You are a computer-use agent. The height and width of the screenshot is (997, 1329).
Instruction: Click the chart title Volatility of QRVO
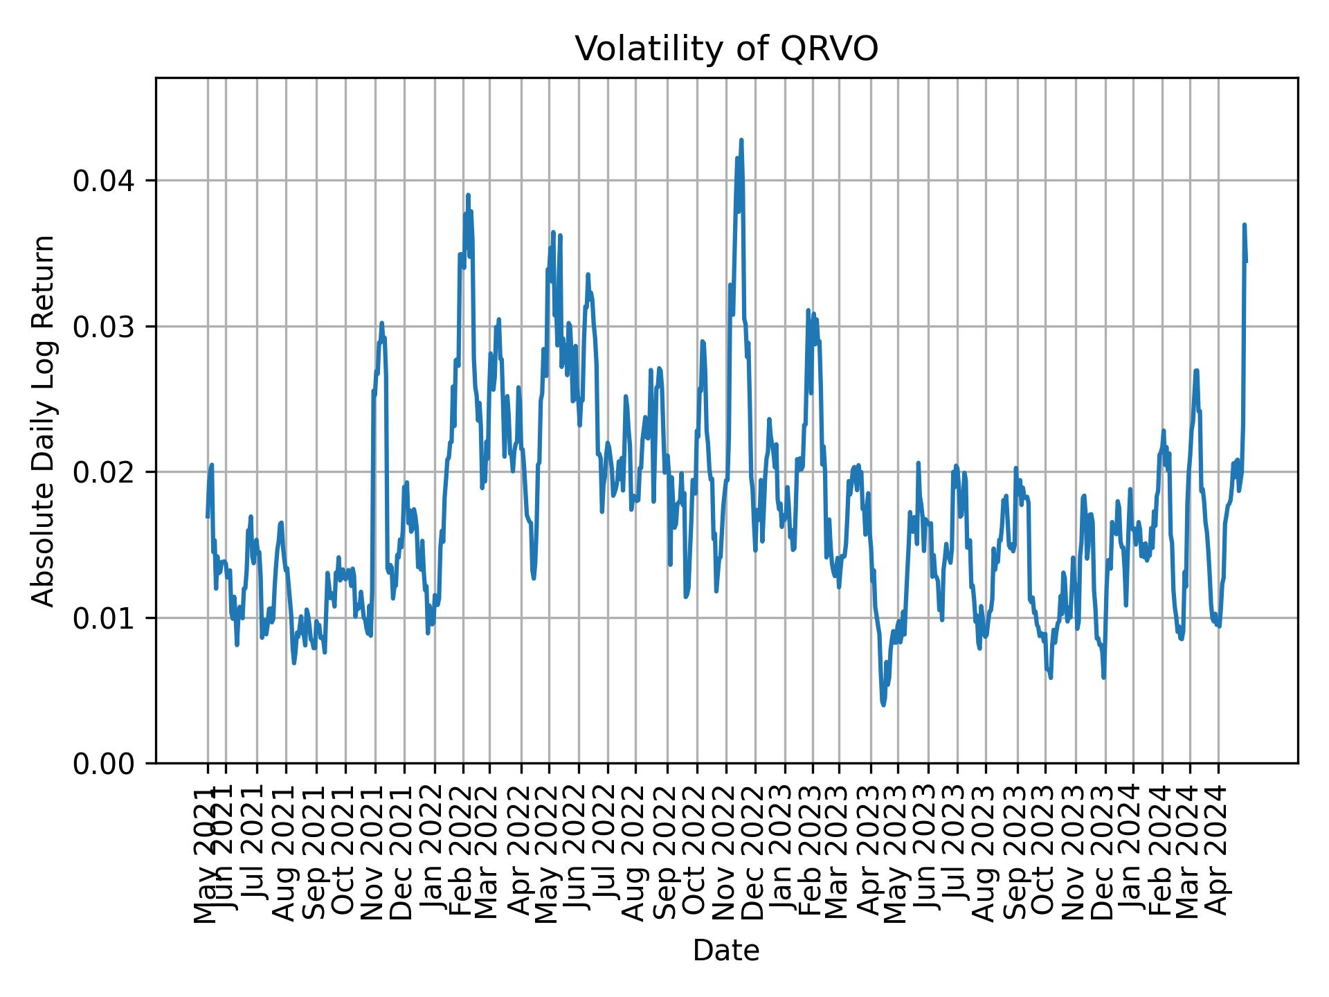(x=726, y=49)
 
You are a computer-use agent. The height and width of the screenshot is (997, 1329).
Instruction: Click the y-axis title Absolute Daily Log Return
(x=44, y=420)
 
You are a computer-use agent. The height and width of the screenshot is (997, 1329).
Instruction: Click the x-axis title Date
(x=726, y=951)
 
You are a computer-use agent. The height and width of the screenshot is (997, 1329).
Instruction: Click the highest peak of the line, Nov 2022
(x=741, y=140)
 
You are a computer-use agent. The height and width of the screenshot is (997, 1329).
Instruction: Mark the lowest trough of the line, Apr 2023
(x=883, y=705)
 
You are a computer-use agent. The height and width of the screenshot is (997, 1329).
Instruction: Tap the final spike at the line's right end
(x=1244, y=225)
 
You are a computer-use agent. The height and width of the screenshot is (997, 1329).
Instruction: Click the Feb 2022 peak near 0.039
(x=468, y=195)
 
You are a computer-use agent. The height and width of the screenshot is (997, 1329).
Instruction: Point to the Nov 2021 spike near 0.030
(x=381, y=323)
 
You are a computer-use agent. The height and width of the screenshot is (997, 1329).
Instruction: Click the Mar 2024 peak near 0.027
(x=1196, y=370)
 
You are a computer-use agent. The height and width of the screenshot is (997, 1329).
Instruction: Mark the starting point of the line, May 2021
(x=207, y=517)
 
